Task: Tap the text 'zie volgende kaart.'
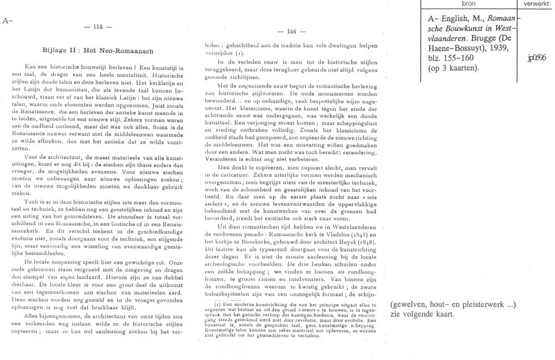click(x=422, y=313)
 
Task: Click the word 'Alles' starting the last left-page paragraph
click(x=34, y=315)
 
